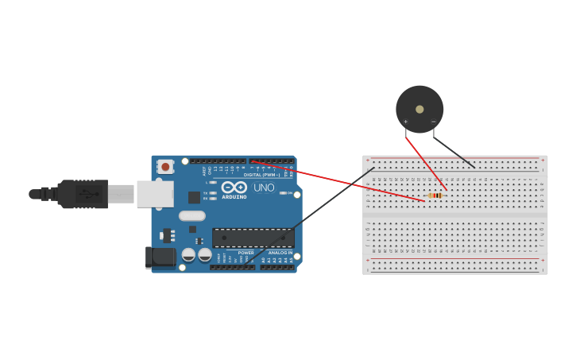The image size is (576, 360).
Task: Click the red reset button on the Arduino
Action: [x=165, y=167]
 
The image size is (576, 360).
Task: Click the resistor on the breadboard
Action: [x=435, y=195]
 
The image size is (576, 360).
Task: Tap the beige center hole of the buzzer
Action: [x=419, y=109]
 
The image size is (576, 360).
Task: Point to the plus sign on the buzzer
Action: [x=405, y=122]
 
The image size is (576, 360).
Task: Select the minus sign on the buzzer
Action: [x=433, y=122]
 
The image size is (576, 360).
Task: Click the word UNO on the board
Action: [x=264, y=188]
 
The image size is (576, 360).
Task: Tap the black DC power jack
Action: [x=160, y=256]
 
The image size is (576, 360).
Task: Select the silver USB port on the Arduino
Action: [x=155, y=194]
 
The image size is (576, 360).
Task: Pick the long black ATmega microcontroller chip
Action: [x=253, y=238]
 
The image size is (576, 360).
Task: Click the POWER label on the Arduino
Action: [x=246, y=253]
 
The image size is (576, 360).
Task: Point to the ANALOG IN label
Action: [x=280, y=253]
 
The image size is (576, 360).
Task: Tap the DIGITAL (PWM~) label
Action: [x=261, y=174]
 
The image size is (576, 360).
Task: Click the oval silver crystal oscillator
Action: [x=192, y=215]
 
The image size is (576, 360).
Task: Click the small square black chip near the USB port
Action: [x=194, y=197]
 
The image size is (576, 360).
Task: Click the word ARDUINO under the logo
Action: [x=234, y=196]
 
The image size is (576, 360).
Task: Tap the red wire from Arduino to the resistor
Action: [x=334, y=180]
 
